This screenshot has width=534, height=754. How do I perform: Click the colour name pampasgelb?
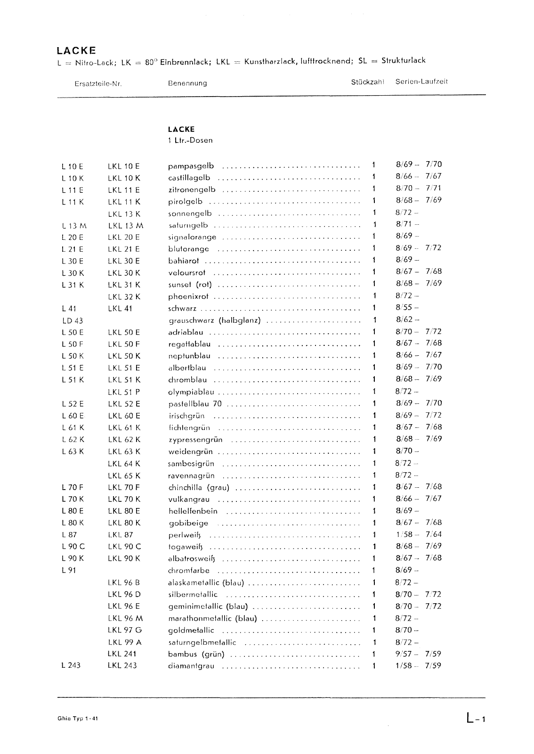point(191,166)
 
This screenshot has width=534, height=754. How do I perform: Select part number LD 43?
point(73,320)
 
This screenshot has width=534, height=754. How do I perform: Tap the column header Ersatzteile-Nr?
point(98,83)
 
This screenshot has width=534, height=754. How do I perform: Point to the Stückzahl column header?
point(367,82)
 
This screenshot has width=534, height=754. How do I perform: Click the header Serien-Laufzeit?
point(421,82)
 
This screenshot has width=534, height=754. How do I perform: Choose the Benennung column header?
point(187,83)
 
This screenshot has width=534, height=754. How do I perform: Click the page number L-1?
point(475,719)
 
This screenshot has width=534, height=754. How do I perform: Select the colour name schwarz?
point(182,309)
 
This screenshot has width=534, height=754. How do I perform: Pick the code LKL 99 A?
point(124,642)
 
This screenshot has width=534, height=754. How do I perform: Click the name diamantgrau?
point(191,666)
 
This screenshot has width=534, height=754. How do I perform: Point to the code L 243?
point(71,665)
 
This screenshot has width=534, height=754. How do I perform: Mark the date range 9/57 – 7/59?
point(418,654)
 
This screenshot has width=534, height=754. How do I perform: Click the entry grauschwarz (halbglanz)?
point(214,321)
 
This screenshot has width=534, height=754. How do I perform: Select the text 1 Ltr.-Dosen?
point(190,140)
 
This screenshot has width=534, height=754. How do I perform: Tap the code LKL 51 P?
point(124,392)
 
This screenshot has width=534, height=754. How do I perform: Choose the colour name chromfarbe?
point(189,570)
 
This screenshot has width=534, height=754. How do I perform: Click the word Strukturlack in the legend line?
point(404,60)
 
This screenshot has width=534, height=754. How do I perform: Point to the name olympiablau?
point(191,392)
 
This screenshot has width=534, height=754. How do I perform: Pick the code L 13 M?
point(74,226)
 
